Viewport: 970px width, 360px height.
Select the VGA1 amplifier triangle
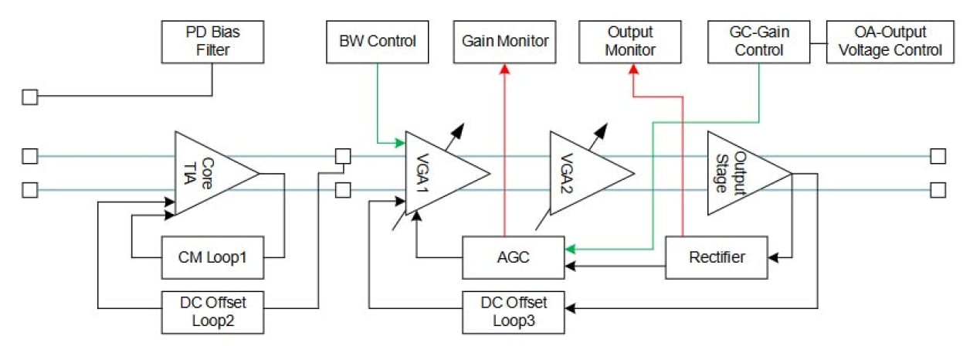tap(437, 172)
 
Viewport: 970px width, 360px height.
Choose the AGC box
tap(513, 256)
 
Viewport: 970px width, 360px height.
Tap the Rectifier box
tap(717, 256)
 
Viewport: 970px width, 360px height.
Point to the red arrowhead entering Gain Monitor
tap(505, 69)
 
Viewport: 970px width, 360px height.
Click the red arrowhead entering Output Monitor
tap(633, 70)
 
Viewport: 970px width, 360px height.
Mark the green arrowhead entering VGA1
tap(401, 143)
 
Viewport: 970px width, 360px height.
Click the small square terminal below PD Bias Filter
tap(29, 97)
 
